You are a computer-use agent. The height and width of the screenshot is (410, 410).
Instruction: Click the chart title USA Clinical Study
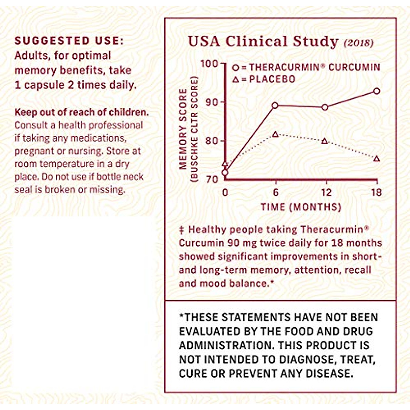[x=263, y=42]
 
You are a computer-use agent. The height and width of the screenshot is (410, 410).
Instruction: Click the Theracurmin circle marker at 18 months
[x=377, y=91]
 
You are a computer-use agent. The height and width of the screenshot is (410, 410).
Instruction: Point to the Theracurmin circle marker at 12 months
[x=325, y=107]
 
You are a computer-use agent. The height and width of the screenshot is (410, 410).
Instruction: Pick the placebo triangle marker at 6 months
[x=275, y=134]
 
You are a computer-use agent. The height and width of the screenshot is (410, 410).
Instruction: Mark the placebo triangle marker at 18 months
[x=377, y=159]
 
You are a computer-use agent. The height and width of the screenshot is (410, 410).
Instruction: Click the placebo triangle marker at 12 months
[x=325, y=141]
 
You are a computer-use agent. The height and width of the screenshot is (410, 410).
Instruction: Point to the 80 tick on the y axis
[x=212, y=141]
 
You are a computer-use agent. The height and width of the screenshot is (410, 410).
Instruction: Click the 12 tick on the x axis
[x=326, y=192]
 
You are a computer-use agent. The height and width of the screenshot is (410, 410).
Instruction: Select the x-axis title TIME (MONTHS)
[x=301, y=207]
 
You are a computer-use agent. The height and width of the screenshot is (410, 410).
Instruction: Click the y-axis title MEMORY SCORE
[x=183, y=129]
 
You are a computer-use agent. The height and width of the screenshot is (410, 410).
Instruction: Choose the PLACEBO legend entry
[x=272, y=79]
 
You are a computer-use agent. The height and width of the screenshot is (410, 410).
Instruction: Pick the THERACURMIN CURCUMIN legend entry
[x=314, y=67]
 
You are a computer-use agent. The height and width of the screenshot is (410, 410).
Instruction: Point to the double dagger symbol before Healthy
[x=182, y=230]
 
